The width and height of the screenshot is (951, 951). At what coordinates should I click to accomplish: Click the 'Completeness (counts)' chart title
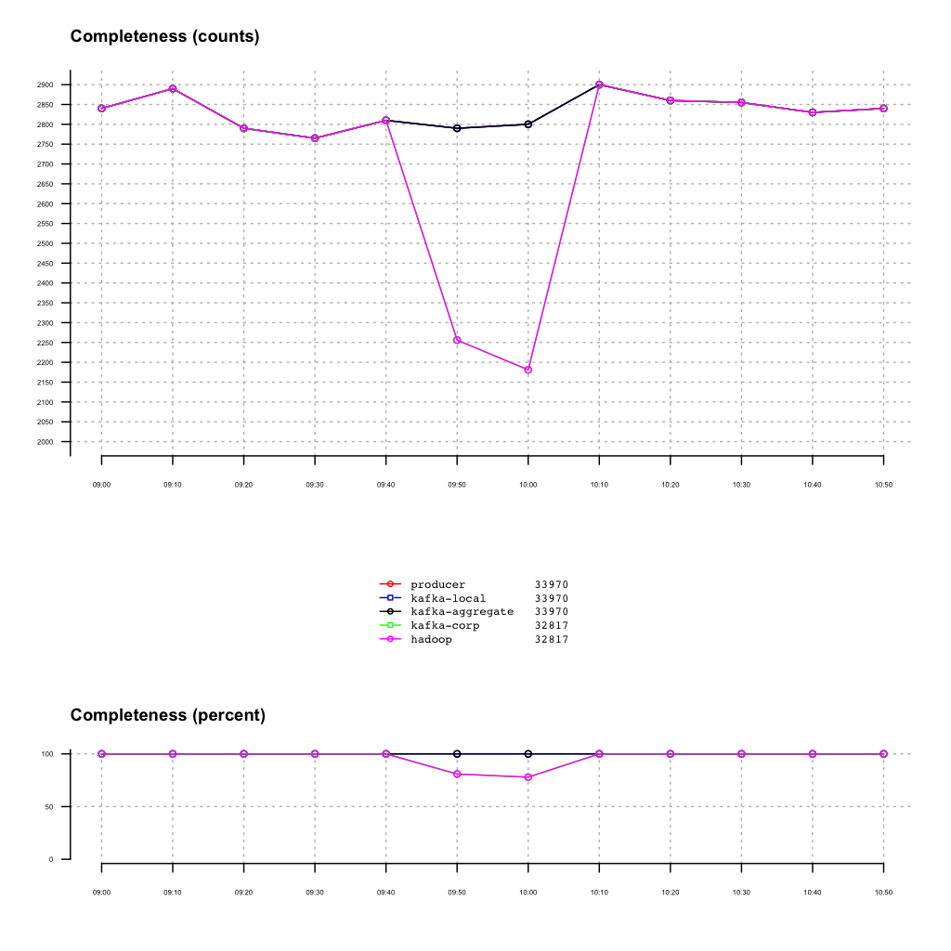point(164,37)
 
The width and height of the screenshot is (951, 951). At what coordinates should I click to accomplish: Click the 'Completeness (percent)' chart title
point(167,715)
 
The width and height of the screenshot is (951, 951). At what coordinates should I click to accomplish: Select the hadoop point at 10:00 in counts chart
point(528,370)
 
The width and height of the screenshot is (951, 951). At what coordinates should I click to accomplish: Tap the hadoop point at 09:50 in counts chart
point(457,340)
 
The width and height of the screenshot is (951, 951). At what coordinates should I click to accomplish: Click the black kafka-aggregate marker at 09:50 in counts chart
point(457,128)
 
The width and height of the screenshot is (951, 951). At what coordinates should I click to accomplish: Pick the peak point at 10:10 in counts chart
point(599,85)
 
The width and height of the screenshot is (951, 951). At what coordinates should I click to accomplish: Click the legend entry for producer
point(437,584)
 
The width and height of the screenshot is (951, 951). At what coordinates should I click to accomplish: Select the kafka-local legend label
point(448,598)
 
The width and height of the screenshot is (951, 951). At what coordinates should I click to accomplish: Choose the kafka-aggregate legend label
point(462,612)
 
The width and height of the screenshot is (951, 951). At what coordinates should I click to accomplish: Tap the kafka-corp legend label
point(445,626)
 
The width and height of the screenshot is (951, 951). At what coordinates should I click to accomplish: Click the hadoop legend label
point(431,640)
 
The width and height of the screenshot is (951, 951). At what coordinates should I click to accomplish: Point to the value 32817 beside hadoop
point(551,640)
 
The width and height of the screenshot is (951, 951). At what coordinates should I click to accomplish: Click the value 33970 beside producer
point(551,584)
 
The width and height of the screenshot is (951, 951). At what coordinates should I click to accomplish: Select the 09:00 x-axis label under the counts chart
point(101,485)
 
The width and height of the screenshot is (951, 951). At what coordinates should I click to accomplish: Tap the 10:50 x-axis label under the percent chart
point(883,892)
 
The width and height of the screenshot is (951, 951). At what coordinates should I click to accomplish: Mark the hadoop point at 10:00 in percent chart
point(528,777)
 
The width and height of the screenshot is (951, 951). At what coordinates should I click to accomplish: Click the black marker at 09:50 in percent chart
point(457,754)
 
